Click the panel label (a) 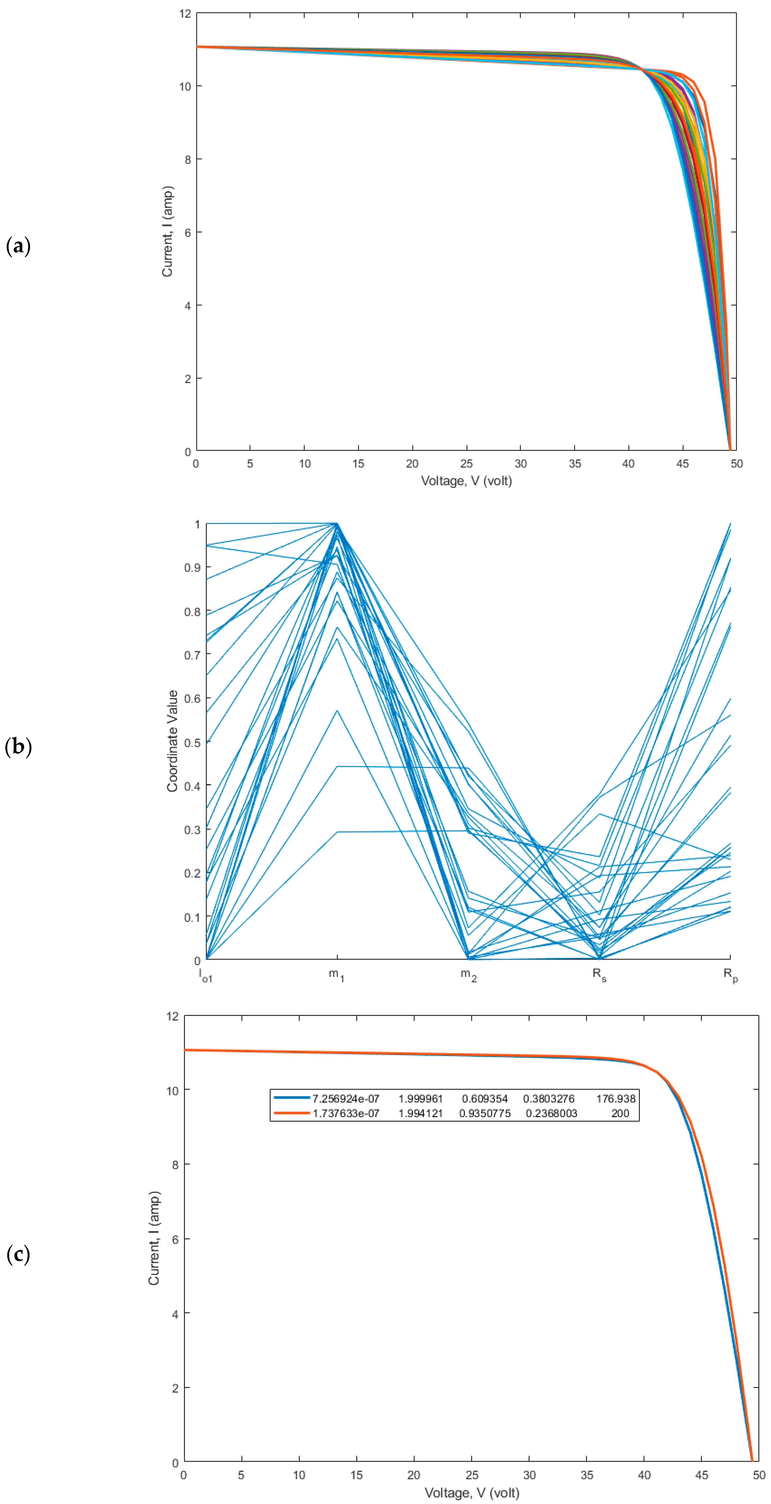[18, 246]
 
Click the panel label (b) [18, 747]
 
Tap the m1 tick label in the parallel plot [336, 975]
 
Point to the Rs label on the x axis [599, 975]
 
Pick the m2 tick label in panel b [468, 975]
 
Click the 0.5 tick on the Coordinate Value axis [192, 743]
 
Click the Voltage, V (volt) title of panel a [466, 481]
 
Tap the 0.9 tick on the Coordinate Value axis [192, 568]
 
